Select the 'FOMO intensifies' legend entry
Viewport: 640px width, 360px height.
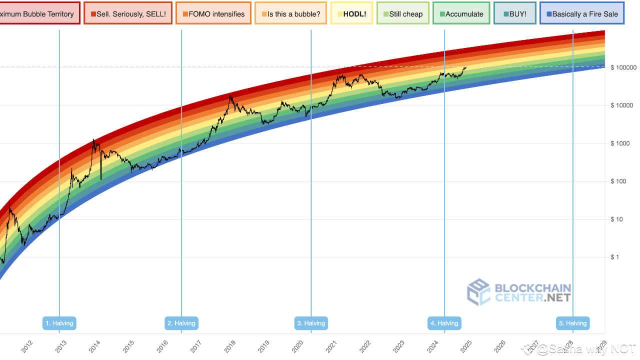[x=213, y=14]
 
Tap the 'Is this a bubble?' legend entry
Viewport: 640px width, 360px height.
[x=290, y=14]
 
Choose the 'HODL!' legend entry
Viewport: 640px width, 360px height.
[x=351, y=14]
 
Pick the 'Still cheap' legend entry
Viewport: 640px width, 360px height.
[x=402, y=14]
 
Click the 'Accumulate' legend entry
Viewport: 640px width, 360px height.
[x=461, y=14]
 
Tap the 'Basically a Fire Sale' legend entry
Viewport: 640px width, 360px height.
[x=582, y=14]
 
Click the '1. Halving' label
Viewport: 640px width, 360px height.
[x=59, y=323]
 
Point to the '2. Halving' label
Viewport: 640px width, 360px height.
[x=181, y=323]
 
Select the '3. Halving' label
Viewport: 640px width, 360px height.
[x=311, y=323]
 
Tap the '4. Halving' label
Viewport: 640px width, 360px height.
[x=444, y=323]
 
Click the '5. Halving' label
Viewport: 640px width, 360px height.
[x=573, y=323]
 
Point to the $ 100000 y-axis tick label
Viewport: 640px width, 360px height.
[x=622, y=67]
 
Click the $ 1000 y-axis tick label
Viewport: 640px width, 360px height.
[x=619, y=143]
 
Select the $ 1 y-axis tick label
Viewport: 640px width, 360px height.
[x=615, y=257]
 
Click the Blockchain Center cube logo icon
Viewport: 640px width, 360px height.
[x=478, y=292]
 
